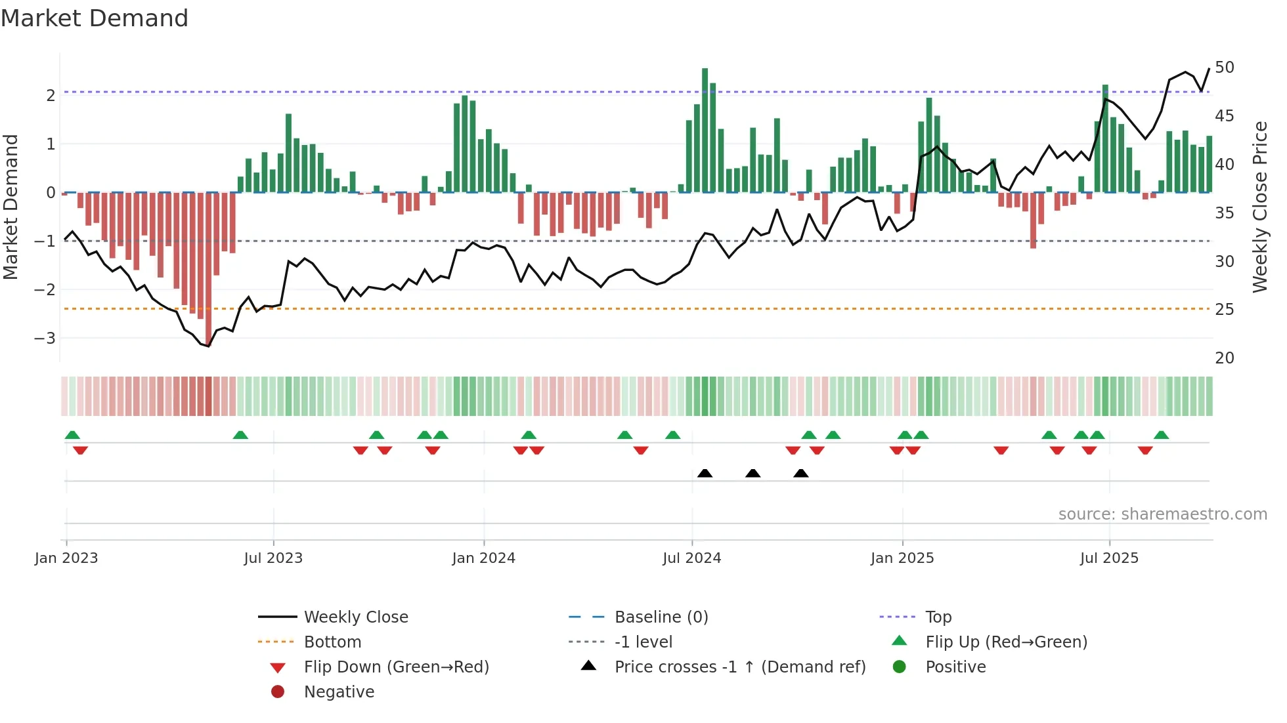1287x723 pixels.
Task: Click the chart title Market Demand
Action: click(95, 18)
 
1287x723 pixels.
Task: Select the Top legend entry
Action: click(938, 617)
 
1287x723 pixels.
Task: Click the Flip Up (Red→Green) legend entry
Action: click(1006, 642)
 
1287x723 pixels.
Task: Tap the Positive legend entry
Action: click(955, 667)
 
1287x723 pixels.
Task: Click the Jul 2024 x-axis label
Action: click(691, 558)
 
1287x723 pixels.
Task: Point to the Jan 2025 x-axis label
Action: click(902, 558)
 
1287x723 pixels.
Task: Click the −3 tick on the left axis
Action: click(45, 339)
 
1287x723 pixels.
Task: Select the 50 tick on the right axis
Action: click(1224, 68)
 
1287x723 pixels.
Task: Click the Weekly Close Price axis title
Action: click(1259, 207)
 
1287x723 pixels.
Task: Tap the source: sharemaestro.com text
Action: click(1162, 514)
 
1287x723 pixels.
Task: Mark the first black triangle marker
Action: click(705, 473)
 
